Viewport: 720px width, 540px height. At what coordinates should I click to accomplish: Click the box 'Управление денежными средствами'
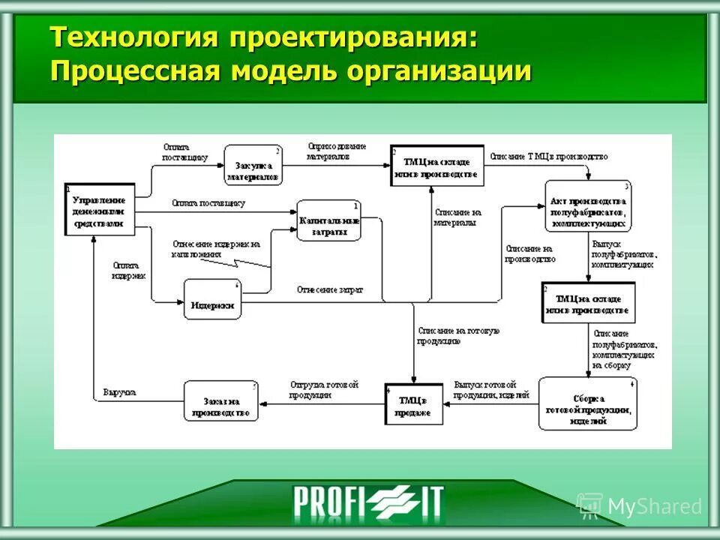[99, 211]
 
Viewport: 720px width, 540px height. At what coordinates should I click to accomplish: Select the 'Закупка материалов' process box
[253, 165]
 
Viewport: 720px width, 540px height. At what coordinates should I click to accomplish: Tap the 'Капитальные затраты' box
[329, 220]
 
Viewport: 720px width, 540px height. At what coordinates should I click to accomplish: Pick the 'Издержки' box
[213, 299]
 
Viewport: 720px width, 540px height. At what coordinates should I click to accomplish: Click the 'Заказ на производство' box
[220, 401]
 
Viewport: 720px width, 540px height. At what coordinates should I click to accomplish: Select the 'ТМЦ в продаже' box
[413, 404]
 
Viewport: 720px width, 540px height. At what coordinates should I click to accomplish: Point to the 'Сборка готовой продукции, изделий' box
[587, 403]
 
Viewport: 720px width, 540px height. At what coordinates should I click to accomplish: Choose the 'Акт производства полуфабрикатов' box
[589, 206]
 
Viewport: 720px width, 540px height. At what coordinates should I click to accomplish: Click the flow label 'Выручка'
[118, 391]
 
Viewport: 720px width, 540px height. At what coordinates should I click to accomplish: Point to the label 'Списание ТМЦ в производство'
[548, 156]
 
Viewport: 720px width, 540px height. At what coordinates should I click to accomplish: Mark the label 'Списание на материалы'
[457, 217]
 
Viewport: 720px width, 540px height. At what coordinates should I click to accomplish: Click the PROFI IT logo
[367, 502]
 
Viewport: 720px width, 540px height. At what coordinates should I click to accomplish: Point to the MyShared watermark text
[652, 506]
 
